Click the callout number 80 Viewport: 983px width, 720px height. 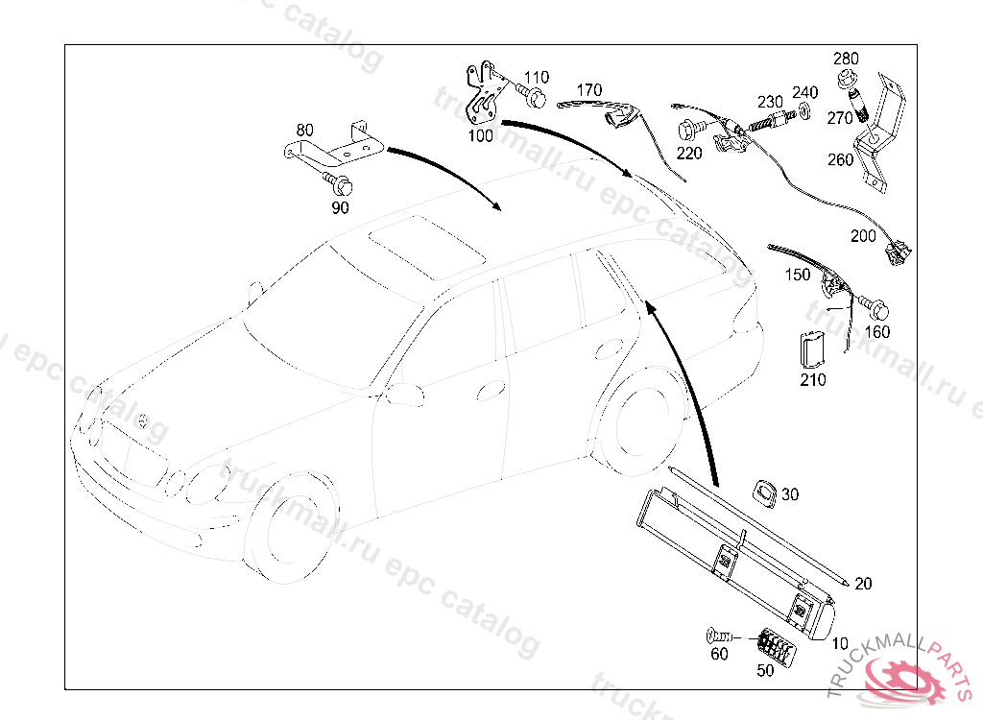[x=304, y=130]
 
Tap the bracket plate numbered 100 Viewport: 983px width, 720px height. [x=486, y=96]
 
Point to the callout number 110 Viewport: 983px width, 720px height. [x=537, y=78]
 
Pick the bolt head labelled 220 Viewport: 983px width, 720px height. [x=688, y=130]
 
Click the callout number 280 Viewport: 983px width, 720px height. [x=846, y=59]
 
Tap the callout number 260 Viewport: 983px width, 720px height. [x=840, y=160]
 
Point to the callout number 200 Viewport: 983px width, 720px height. [x=863, y=234]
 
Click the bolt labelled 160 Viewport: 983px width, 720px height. [x=878, y=311]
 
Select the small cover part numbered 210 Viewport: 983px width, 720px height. [x=812, y=349]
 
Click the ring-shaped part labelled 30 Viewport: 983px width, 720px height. [x=765, y=492]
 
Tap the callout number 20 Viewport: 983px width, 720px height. [x=863, y=584]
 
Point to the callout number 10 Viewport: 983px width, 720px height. [x=840, y=643]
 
